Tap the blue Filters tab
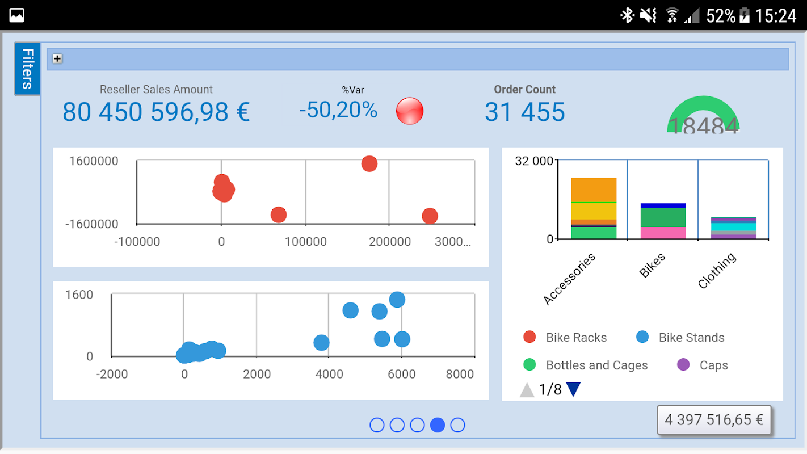pyautogui.click(x=27, y=69)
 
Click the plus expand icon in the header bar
pyautogui.click(x=57, y=58)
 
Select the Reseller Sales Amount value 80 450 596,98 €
pyautogui.click(x=156, y=112)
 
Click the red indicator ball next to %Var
pyautogui.click(x=409, y=111)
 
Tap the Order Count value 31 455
pyautogui.click(x=524, y=112)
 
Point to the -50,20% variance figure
pyautogui.click(x=338, y=110)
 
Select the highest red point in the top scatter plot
pyautogui.click(x=369, y=164)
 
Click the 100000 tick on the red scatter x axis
pyautogui.click(x=305, y=242)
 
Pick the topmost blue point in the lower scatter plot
pyautogui.click(x=397, y=300)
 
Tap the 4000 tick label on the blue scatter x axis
pyautogui.click(x=329, y=374)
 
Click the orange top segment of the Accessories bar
pyautogui.click(x=594, y=190)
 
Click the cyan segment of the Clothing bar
pyautogui.click(x=733, y=227)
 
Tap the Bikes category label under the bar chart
pyautogui.click(x=653, y=265)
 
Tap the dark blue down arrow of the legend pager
pyautogui.click(x=574, y=390)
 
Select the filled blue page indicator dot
pyautogui.click(x=438, y=424)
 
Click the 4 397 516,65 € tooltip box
pyautogui.click(x=714, y=420)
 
